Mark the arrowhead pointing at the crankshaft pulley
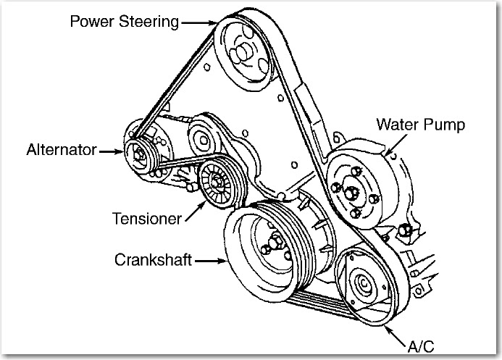point(224,259)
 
